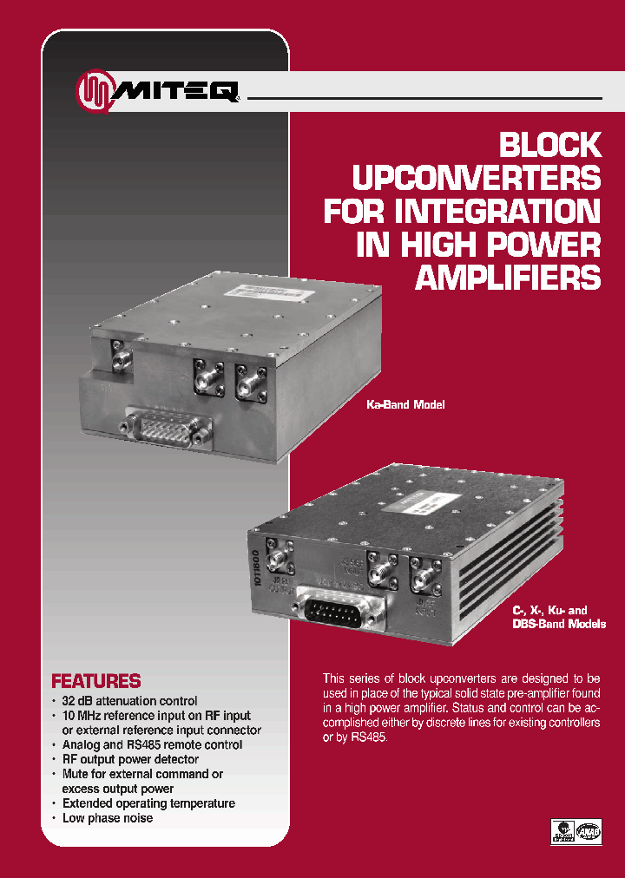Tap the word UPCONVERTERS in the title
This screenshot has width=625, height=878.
click(476, 179)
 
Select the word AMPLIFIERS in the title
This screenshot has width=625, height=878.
click(509, 278)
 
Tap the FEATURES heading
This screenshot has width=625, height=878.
click(95, 681)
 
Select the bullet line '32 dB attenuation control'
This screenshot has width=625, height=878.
click(129, 700)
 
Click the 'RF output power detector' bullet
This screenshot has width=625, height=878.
click(129, 759)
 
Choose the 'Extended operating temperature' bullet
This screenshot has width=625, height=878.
click(148, 803)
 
